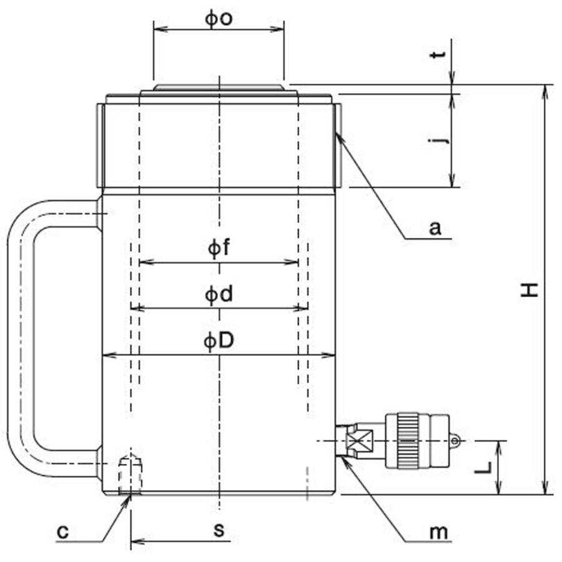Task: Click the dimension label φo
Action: (219, 19)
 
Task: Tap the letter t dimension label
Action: (438, 54)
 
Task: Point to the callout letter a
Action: (435, 227)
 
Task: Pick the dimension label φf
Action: (219, 247)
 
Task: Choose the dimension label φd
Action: (219, 295)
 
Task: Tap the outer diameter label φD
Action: (219, 340)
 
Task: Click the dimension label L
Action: (483, 467)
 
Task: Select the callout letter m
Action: (439, 533)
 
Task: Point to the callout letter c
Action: (62, 532)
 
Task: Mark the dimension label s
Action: (219, 530)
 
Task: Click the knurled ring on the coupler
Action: (408, 440)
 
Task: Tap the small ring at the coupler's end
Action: (455, 440)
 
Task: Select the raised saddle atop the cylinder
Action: (219, 87)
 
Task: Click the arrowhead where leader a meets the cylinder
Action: (339, 137)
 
